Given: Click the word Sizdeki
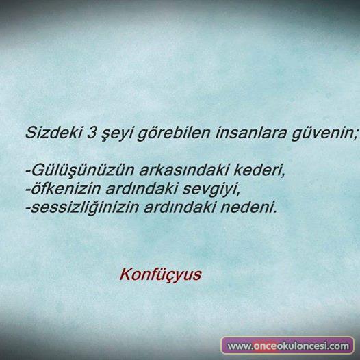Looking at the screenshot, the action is point(53,133).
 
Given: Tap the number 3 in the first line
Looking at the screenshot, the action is point(92,133).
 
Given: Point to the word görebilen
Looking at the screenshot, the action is point(173,133).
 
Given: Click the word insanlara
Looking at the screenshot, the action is point(251,133).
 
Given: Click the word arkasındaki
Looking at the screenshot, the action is point(183,170).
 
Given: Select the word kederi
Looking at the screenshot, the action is point(257,170).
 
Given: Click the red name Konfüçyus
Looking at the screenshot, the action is point(160,274).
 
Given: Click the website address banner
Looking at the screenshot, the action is point(287,346).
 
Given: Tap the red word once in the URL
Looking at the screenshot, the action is point(265,346).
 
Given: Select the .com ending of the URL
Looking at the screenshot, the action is point(339,346).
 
